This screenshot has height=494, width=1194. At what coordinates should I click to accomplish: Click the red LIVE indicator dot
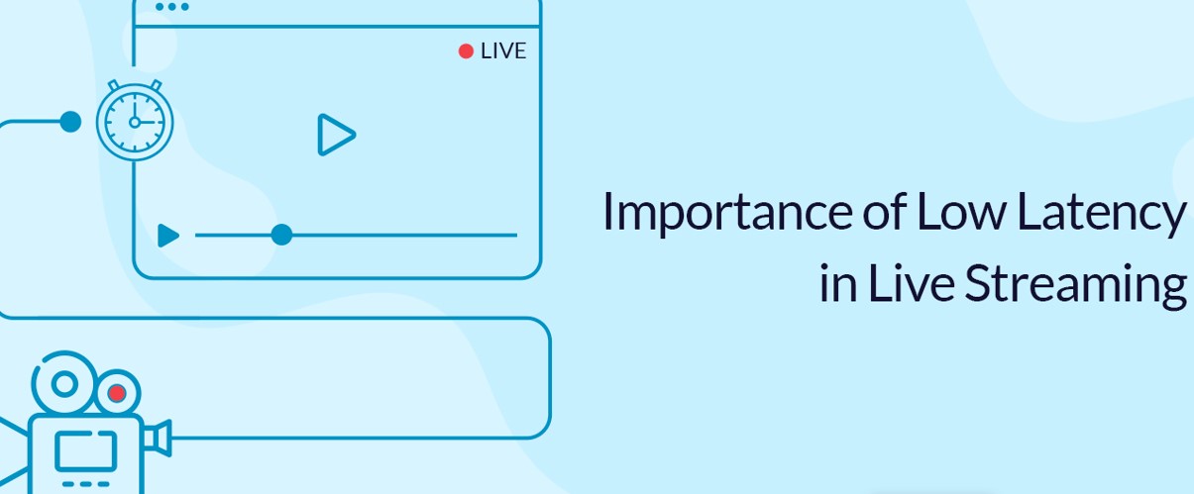[466, 51]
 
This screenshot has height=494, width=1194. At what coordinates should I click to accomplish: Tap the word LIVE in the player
[503, 51]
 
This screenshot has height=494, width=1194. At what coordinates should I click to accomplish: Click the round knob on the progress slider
[281, 235]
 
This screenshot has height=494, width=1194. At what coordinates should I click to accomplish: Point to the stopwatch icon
[135, 122]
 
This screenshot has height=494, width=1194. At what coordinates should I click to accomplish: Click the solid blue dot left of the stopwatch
[70, 122]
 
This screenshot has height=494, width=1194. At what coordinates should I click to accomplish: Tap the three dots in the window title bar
[171, 7]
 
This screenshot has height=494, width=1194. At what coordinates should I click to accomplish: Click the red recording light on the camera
[117, 393]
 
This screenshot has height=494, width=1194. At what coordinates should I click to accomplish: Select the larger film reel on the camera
[65, 382]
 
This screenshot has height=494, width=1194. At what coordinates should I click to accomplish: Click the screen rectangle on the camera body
[85, 449]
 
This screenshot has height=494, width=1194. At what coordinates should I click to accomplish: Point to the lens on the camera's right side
[159, 438]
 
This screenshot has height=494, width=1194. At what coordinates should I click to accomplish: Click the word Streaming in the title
[1075, 285]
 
